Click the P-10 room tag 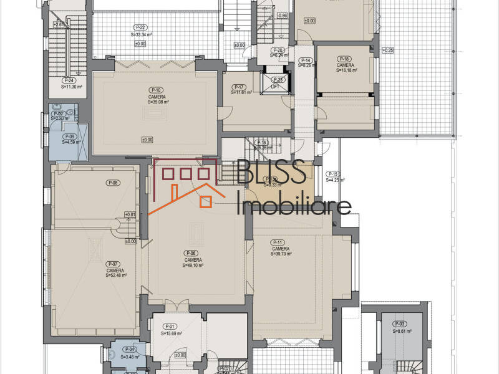coord(156,90)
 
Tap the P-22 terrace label coord(140,27)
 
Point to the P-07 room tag coord(113,264)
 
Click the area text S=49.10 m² coord(193,266)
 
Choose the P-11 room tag coord(278,242)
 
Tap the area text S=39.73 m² coord(282,254)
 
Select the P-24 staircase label coord(69,80)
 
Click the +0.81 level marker coord(130,215)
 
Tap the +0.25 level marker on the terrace coord(387,50)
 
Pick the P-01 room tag coord(170,327)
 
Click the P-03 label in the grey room coord(400,324)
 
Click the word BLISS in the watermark coord(271,172)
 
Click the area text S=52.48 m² coord(116,275)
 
